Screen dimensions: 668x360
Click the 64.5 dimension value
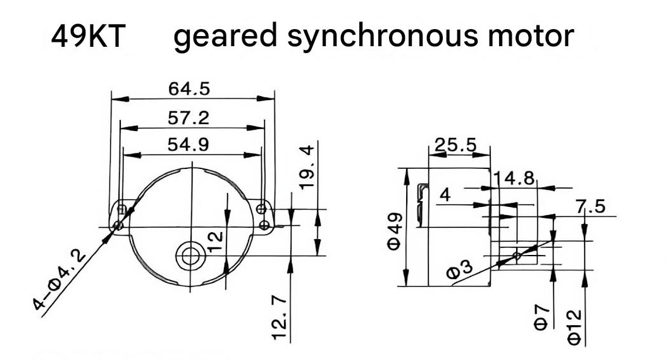(x=189, y=89)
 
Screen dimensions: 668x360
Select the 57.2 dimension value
(x=189, y=118)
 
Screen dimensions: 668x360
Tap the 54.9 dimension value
(x=189, y=144)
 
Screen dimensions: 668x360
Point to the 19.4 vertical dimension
(x=307, y=167)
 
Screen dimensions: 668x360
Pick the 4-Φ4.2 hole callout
(x=59, y=280)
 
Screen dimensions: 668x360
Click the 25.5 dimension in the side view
(x=455, y=145)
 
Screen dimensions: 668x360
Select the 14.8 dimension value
(x=514, y=178)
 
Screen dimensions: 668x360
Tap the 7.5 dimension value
(x=590, y=207)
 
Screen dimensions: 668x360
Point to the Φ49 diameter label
(x=394, y=232)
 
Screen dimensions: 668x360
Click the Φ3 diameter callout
(x=460, y=270)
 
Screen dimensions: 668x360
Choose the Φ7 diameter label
(x=541, y=318)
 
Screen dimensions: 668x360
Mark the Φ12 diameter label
(x=574, y=327)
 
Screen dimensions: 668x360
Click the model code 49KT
(x=88, y=36)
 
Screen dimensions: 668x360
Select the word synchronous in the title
(x=383, y=36)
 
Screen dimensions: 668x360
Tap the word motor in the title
(x=531, y=36)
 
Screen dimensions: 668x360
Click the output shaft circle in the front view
(x=190, y=256)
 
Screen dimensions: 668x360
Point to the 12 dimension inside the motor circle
(x=216, y=242)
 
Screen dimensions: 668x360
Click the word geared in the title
(x=225, y=36)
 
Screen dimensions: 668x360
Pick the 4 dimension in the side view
(x=445, y=195)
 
